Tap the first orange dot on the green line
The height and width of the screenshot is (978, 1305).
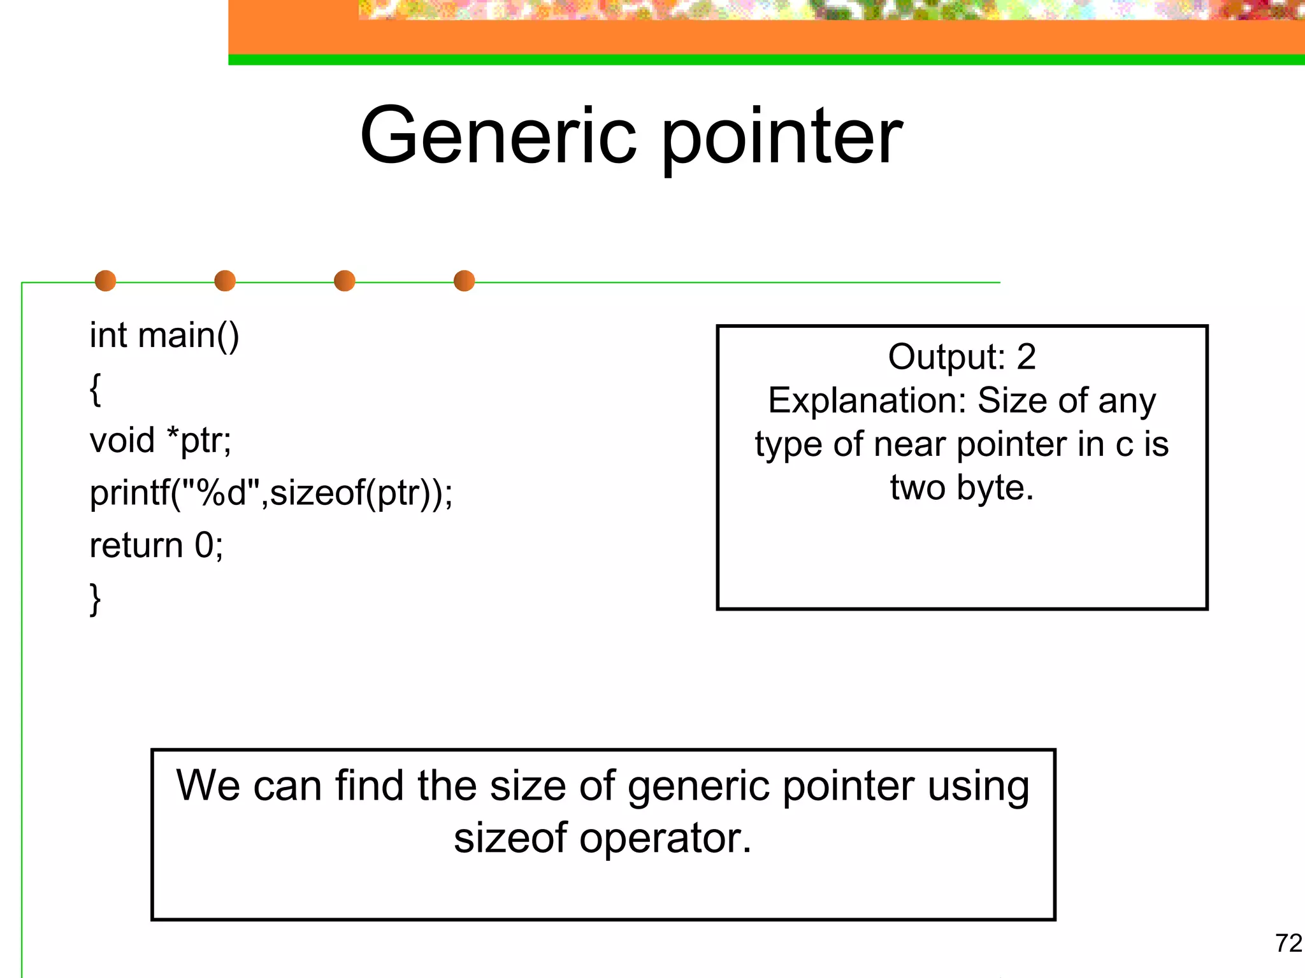tap(105, 281)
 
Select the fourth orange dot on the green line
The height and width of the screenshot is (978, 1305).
tap(464, 281)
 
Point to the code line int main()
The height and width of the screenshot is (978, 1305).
tap(164, 336)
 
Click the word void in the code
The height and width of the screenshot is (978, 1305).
tap(122, 441)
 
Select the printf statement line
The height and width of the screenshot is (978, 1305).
tap(271, 493)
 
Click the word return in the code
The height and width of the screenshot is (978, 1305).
tap(136, 546)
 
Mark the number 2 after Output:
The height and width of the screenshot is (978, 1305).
tap(1026, 357)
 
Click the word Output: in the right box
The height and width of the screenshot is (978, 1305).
tap(946, 358)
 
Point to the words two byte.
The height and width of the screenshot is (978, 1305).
tap(962, 488)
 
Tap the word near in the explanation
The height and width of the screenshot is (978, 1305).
tap(910, 444)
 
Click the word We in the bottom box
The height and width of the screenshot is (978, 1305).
tap(208, 786)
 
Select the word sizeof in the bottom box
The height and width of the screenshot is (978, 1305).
tap(510, 838)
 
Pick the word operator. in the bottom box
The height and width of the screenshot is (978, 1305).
tap(665, 839)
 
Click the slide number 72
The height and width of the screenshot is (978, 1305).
tap(1288, 943)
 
